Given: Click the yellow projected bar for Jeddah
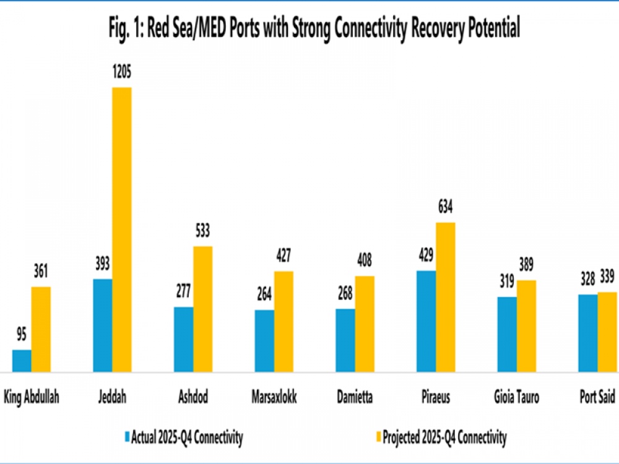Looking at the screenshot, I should click(x=122, y=230).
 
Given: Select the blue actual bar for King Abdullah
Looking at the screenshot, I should click(x=22, y=361).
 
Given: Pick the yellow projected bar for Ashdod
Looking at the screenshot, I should click(x=202, y=309).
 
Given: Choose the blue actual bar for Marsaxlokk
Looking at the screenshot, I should click(x=264, y=341).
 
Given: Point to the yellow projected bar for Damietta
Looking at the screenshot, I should click(x=364, y=324).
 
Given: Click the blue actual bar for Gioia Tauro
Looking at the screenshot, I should click(x=507, y=335).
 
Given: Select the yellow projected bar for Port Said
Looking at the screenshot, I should click(x=607, y=332).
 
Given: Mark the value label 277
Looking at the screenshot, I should click(x=183, y=293).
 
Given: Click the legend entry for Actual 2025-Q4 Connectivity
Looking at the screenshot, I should click(x=184, y=438).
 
